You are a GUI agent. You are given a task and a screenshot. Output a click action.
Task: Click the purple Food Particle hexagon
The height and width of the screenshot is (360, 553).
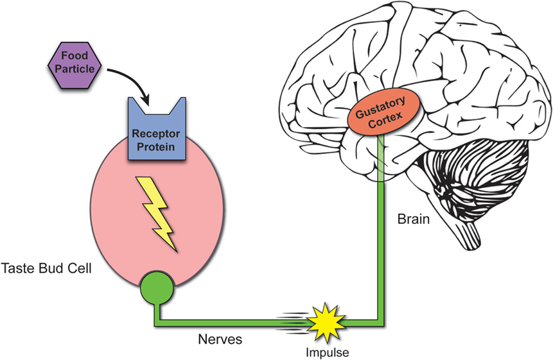[75, 64]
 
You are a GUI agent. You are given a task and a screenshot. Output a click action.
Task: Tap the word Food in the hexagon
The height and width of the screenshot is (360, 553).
[76, 56]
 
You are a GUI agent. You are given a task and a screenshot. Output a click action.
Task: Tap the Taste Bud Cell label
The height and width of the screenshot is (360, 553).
[46, 267]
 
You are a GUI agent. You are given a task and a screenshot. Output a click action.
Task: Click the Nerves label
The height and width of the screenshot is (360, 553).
[220, 339]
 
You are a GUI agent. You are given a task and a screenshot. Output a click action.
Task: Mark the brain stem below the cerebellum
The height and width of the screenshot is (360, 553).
[471, 231]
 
